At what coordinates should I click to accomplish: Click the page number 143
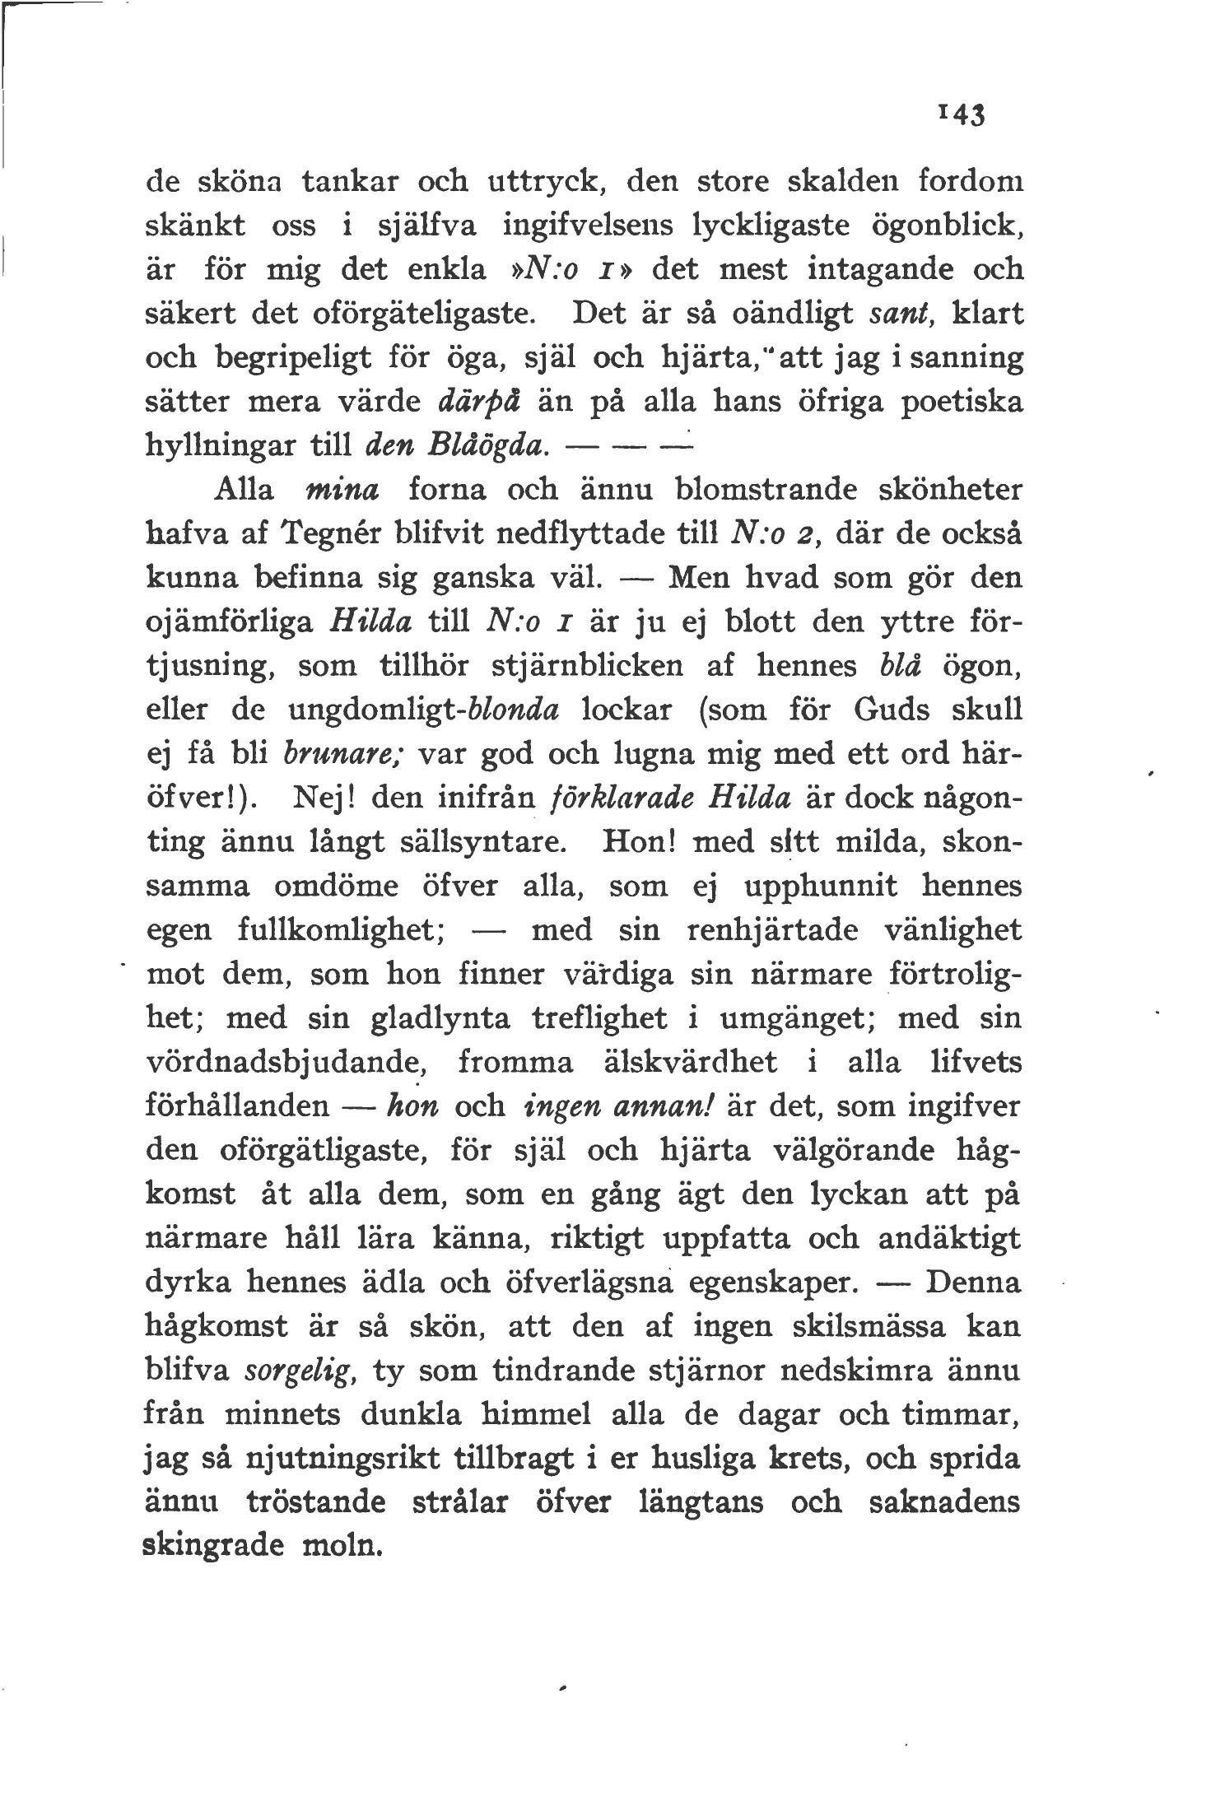coord(960,115)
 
